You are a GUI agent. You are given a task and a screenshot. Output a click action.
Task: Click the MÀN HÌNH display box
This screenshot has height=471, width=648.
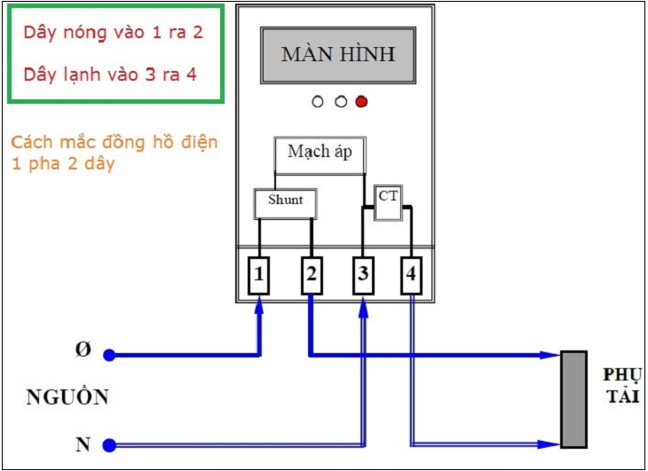(337, 54)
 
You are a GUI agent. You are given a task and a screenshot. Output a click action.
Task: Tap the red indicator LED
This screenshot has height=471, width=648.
(361, 102)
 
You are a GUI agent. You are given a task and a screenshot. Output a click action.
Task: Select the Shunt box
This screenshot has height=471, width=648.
(285, 202)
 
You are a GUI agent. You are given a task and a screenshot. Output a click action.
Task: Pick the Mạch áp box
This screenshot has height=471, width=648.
(320, 152)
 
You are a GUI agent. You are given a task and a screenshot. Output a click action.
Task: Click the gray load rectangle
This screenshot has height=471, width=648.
(573, 399)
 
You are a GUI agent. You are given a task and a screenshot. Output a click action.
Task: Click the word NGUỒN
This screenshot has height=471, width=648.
(67, 397)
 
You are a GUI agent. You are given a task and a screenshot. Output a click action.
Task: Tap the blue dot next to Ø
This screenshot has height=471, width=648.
(108, 355)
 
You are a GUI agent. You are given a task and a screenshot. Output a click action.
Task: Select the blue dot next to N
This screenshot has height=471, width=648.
(108, 444)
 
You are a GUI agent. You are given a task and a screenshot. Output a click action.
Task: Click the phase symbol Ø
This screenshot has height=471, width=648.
(82, 350)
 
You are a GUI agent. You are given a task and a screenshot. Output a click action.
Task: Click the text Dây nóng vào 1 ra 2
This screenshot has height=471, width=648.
(113, 32)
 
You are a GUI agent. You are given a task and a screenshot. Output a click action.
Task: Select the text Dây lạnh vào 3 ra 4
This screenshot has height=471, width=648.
(110, 74)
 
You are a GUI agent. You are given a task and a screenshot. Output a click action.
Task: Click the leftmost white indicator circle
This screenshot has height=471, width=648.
(318, 102)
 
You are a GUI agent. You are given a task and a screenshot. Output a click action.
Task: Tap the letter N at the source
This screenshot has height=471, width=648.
(82, 442)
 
